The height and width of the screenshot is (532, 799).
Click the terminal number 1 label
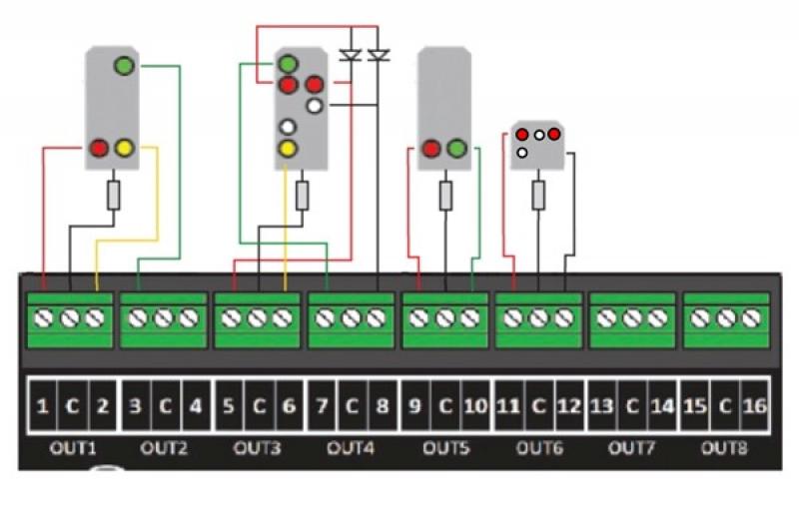coord(43,406)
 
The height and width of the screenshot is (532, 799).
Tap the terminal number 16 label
coord(755,406)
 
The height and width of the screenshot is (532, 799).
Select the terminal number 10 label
coord(475,406)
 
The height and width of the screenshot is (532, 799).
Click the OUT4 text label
coord(351,448)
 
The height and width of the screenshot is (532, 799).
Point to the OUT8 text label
coord(724,448)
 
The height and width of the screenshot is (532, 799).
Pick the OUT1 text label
coord(73,448)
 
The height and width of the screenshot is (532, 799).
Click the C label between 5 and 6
coord(259,406)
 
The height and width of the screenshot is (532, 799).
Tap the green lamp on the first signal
coord(124,66)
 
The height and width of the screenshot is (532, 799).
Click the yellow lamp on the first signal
coord(124,148)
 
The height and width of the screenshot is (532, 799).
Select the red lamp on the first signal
coord(99,148)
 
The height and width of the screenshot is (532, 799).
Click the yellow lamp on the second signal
coord(288,148)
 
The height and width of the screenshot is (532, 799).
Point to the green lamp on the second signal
coord(288,64)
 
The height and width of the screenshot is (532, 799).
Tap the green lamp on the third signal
coord(456,148)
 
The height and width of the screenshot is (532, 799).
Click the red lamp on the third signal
coord(431,148)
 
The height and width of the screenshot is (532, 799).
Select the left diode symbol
coord(351,55)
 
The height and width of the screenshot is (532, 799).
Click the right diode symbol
coord(379,55)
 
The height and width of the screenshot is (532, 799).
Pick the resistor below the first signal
coord(114,195)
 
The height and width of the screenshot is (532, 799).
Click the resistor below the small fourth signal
coord(538,195)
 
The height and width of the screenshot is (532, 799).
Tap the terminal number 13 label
coord(602,406)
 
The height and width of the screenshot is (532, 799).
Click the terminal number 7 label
coord(322,406)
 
